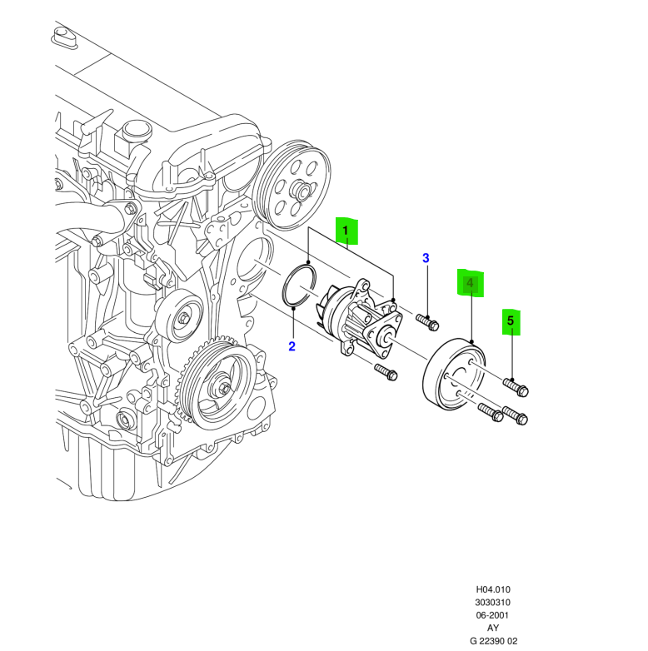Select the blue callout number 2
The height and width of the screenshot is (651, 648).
tap(292, 346)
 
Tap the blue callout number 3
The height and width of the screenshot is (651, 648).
tap(426, 258)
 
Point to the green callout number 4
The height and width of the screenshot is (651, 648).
tap(471, 284)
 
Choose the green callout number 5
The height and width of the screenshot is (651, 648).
tap(511, 321)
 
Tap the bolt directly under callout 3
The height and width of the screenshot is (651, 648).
tap(427, 319)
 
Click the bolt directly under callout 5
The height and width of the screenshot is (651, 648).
tap(516, 386)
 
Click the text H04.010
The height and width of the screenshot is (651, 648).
tap(493, 588)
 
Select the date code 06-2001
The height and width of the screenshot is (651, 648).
tap(493, 615)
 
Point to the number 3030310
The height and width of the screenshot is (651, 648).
tap(493, 602)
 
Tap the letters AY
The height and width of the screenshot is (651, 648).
tap(493, 629)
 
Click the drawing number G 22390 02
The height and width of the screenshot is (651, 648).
tap(493, 642)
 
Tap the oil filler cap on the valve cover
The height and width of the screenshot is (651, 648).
tap(132, 132)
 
